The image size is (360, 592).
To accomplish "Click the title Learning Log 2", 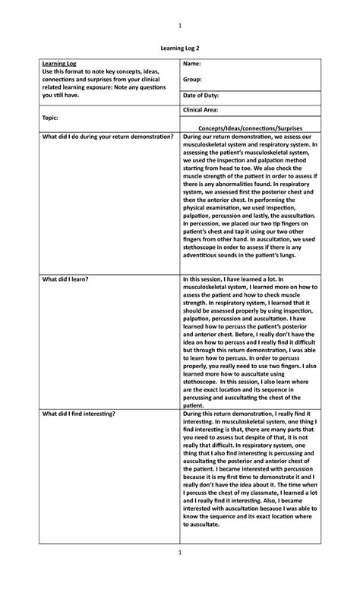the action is coord(180,47).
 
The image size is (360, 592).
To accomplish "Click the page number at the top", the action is coord(180,26).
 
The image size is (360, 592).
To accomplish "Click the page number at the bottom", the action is coord(180,575).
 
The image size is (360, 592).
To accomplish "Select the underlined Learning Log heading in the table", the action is coord(59,64).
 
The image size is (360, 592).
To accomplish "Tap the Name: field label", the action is coord(191,64).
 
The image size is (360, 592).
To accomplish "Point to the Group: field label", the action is coord(193,80).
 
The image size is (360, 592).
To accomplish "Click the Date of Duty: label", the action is coord(201,96).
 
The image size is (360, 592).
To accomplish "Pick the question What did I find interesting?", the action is coord(79,414).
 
